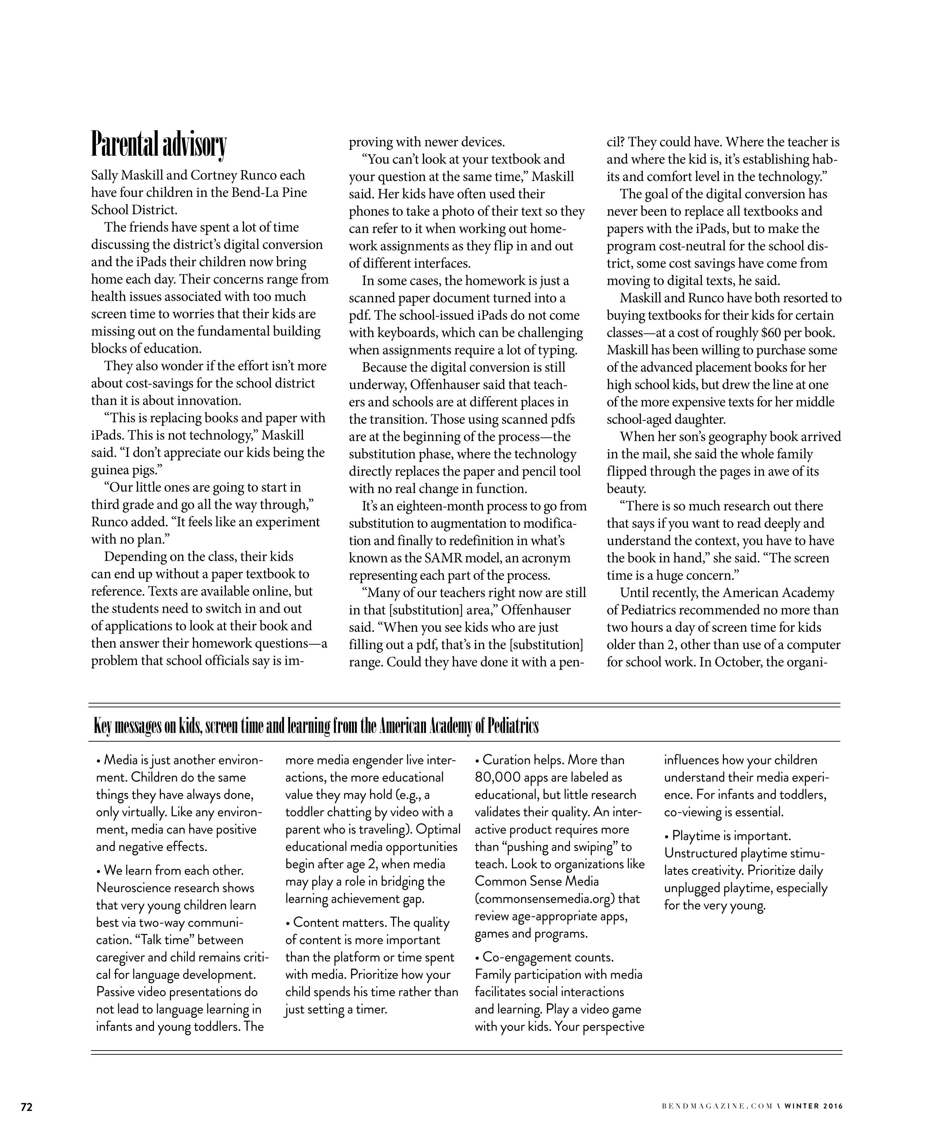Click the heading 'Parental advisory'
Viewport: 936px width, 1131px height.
click(159, 144)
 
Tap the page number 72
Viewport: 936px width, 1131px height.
click(26, 1107)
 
